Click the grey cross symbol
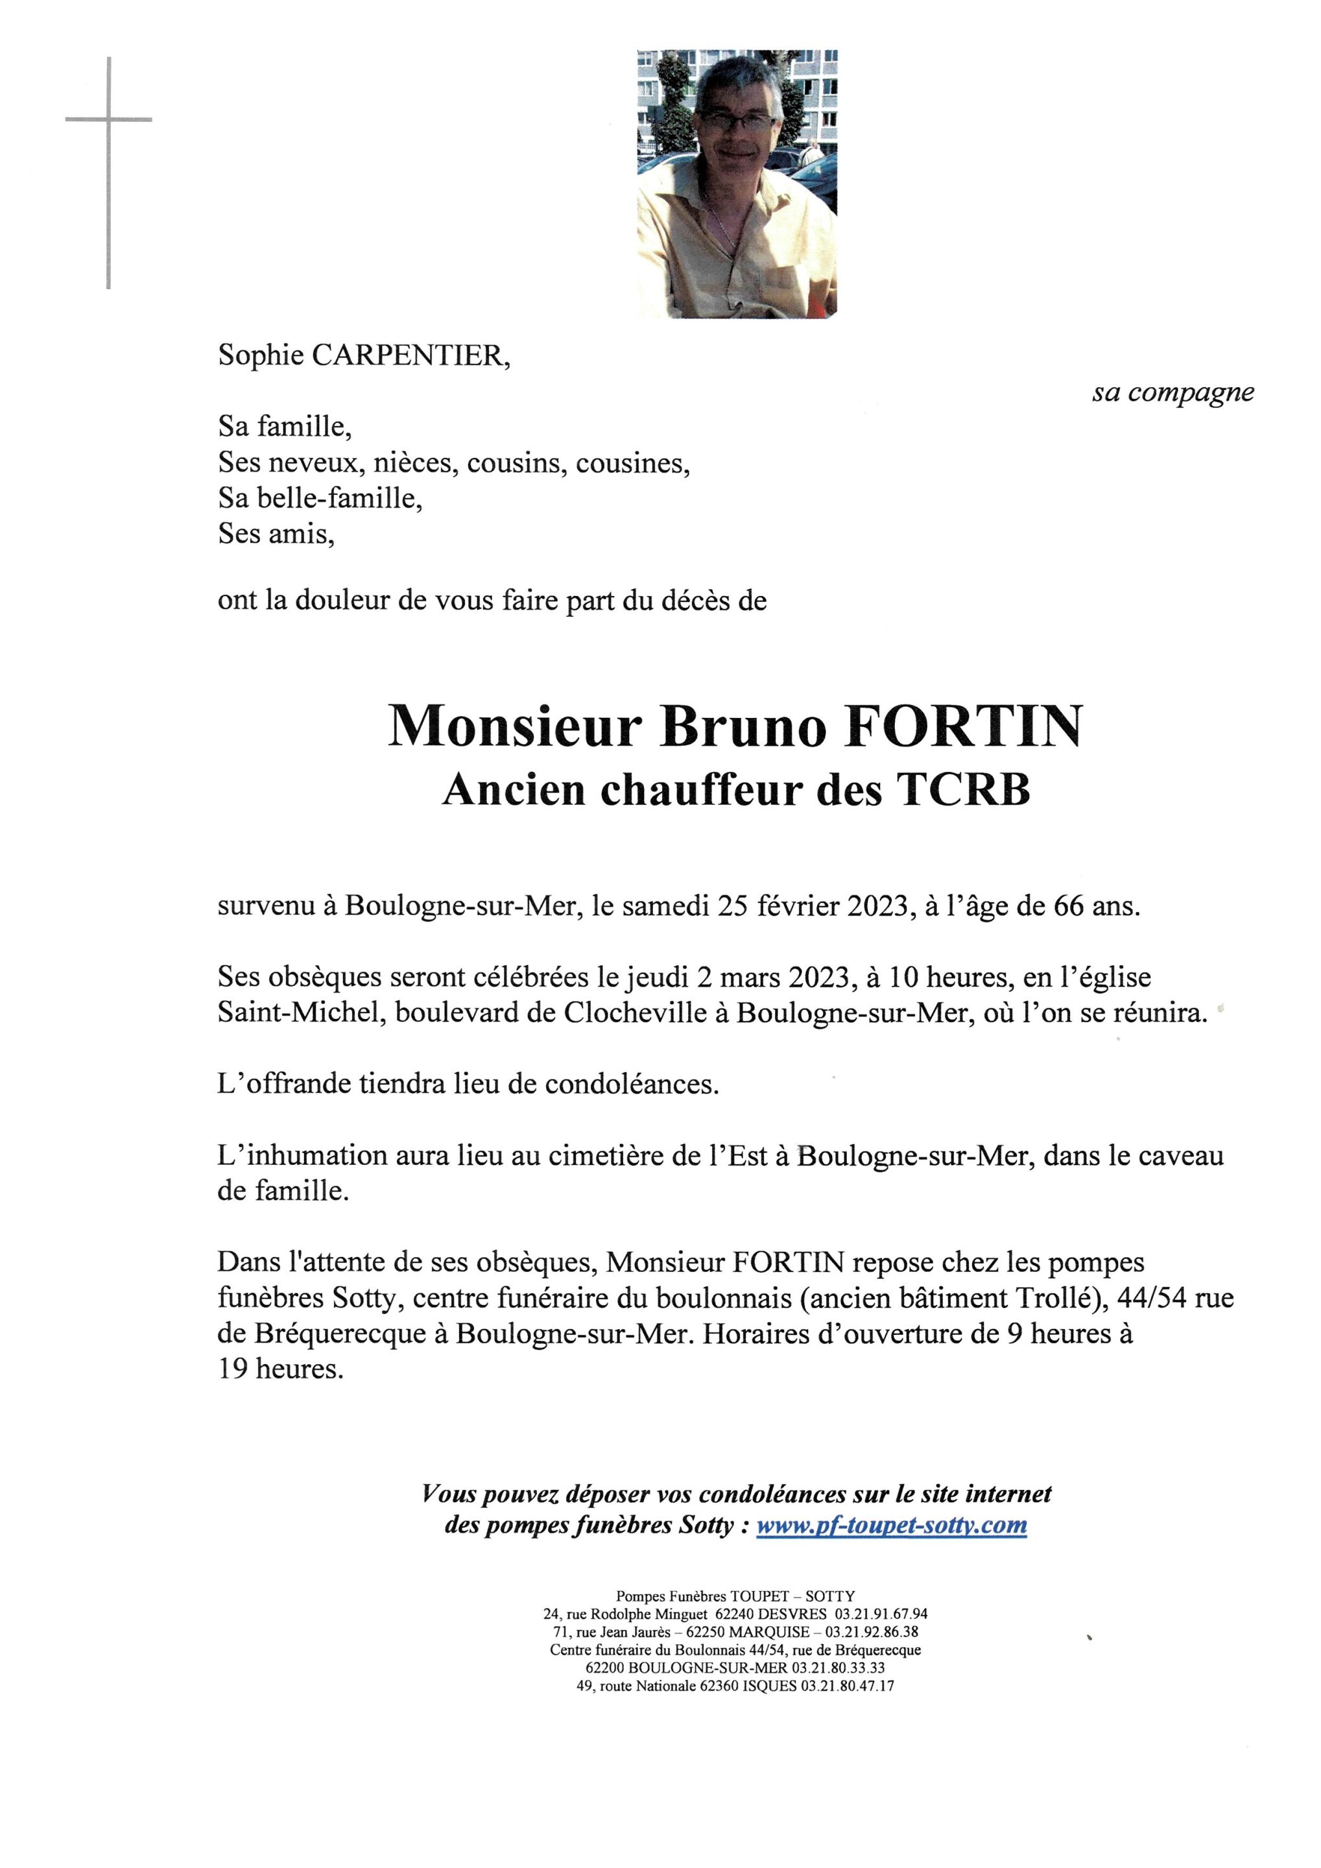[x=108, y=121]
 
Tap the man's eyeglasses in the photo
[x=739, y=123]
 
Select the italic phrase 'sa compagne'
[x=1172, y=393]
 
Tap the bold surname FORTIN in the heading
[x=964, y=726]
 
